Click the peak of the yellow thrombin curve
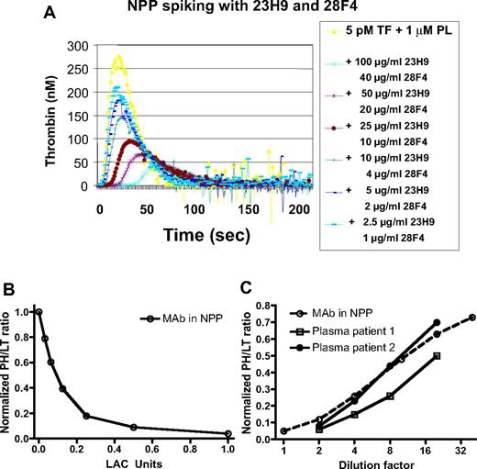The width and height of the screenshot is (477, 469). [117, 56]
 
